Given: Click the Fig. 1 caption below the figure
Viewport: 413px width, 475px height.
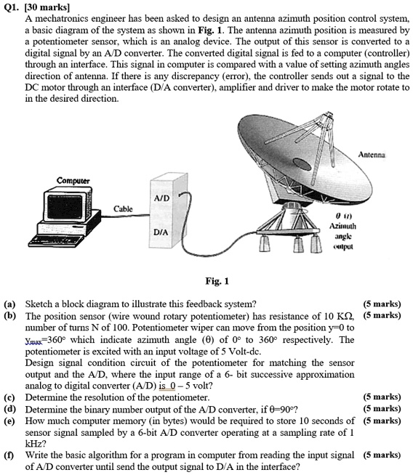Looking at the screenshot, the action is (217, 282).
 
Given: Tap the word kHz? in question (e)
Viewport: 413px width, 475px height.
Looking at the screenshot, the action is (35, 443).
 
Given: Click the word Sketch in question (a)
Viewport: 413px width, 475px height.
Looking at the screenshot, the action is (40, 305).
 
